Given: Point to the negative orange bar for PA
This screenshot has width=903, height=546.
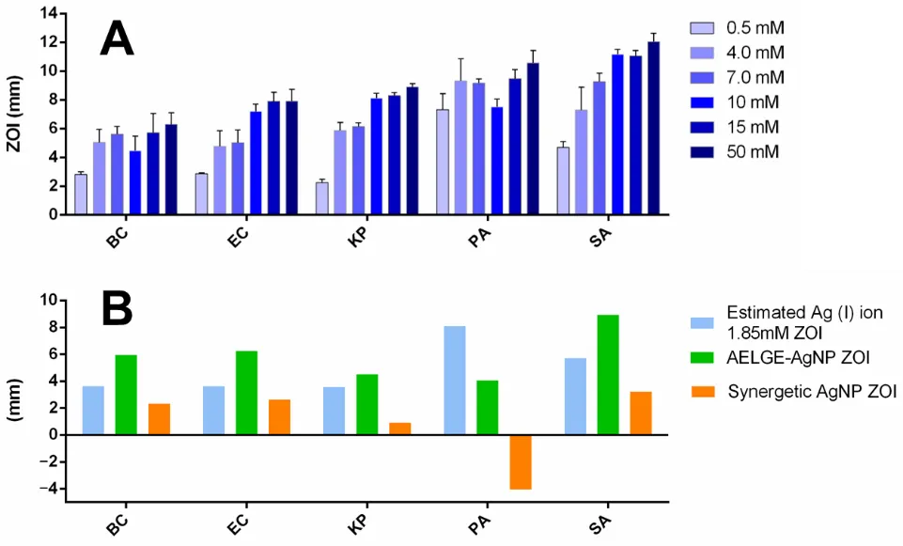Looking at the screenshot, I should pyautogui.click(x=521, y=461).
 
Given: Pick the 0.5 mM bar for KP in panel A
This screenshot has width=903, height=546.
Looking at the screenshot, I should pyautogui.click(x=322, y=198).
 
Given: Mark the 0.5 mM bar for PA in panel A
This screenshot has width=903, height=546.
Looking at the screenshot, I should pyautogui.click(x=443, y=162).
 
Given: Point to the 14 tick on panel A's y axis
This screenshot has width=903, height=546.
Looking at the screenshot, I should pyautogui.click(x=47, y=14).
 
